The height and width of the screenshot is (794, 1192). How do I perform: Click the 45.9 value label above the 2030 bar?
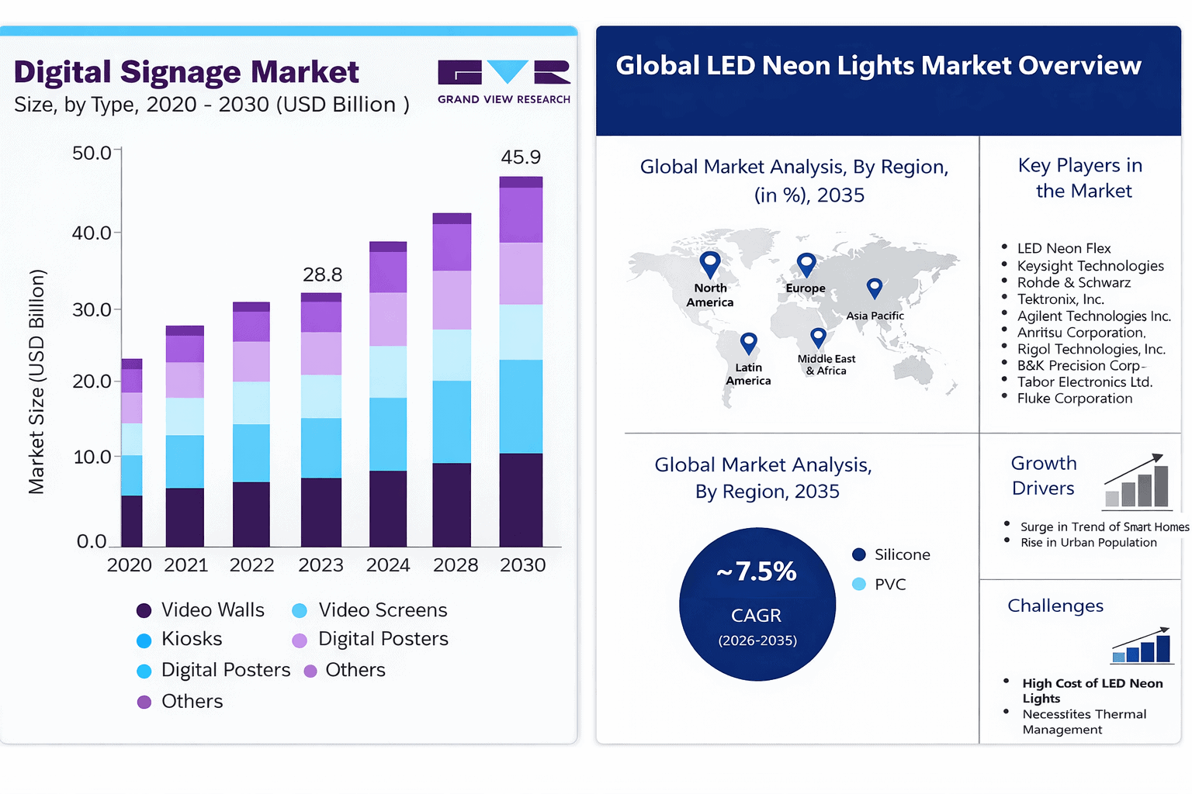(x=521, y=157)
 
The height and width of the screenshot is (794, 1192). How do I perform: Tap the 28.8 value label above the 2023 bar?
(x=322, y=275)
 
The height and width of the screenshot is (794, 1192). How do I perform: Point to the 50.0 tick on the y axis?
(x=92, y=154)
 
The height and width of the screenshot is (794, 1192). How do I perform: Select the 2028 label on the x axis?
(x=456, y=565)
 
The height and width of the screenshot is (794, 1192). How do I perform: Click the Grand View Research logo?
(x=504, y=81)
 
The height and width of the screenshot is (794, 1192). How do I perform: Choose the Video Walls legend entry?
(x=201, y=610)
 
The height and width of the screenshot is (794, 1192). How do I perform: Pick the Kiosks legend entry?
(x=180, y=640)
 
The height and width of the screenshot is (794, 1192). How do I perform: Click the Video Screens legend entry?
(x=370, y=610)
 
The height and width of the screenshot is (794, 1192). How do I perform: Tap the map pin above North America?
(x=710, y=264)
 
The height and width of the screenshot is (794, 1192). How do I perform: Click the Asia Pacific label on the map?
(x=875, y=316)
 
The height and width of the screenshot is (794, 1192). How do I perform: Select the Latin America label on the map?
(x=748, y=375)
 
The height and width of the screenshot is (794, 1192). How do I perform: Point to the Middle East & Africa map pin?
(x=818, y=338)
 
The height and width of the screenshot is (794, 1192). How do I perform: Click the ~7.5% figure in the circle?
(x=757, y=571)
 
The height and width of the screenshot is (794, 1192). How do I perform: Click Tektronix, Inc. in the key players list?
(x=1060, y=299)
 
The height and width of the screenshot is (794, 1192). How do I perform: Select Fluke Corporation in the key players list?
(x=1074, y=399)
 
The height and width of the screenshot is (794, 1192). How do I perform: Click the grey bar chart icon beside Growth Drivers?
(x=1138, y=482)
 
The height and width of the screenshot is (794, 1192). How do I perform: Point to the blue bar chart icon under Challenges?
(x=1141, y=646)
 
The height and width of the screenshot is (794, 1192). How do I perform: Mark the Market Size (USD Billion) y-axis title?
(x=36, y=381)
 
